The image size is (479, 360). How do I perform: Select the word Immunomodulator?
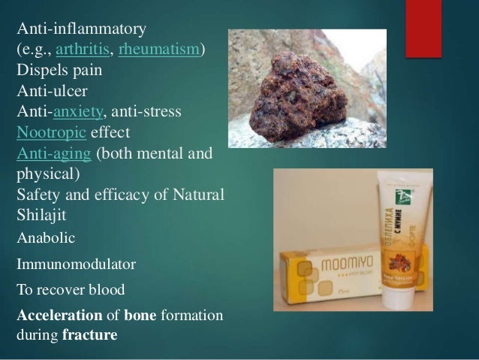tap(65, 265)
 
